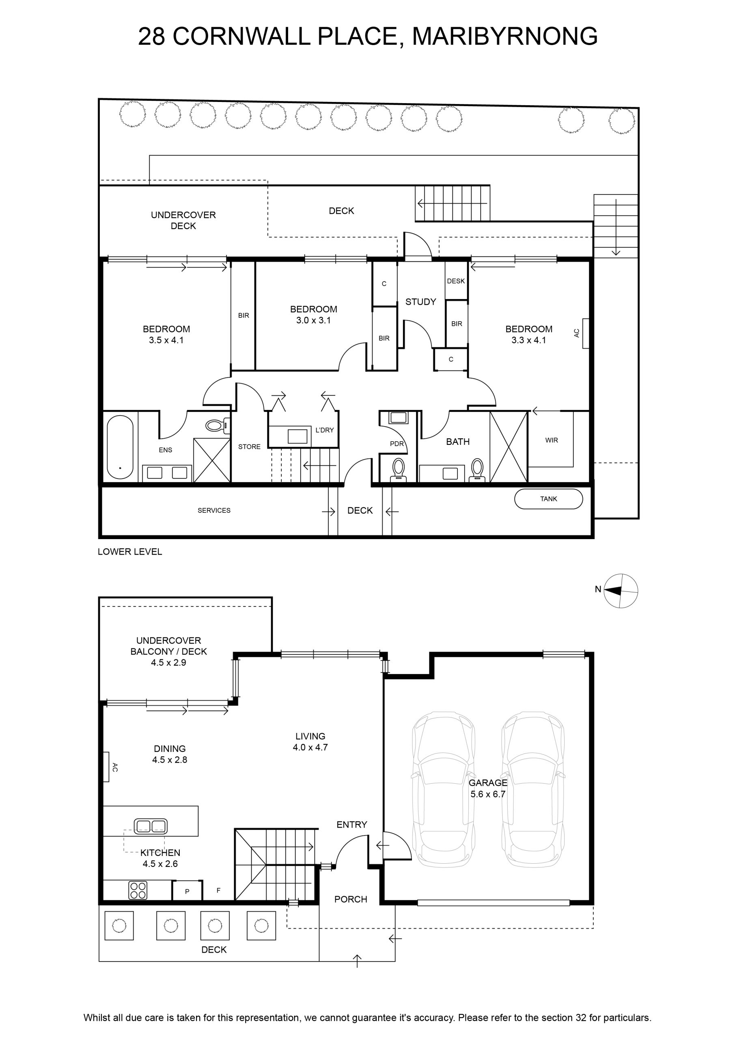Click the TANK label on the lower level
(x=549, y=499)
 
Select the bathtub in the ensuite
(x=121, y=448)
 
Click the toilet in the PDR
(x=398, y=469)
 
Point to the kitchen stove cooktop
(x=138, y=890)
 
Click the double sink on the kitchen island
(x=150, y=826)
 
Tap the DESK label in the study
(x=456, y=281)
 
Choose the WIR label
(x=551, y=440)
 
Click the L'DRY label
(x=325, y=430)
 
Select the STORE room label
(x=249, y=446)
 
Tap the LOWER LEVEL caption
(x=130, y=552)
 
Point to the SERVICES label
(x=214, y=510)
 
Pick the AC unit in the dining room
(x=106, y=767)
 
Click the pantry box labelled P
(x=187, y=891)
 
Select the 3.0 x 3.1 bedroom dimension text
(x=313, y=320)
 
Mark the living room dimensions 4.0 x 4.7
(x=310, y=747)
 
